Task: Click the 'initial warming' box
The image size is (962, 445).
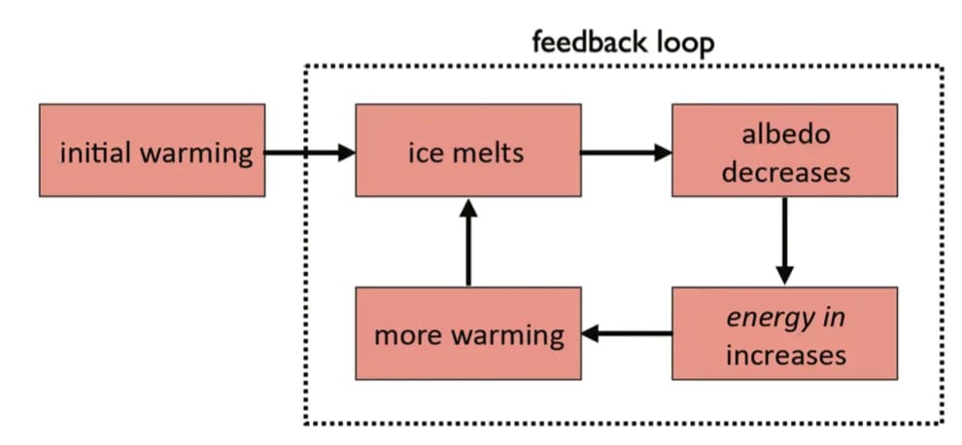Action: point(153,151)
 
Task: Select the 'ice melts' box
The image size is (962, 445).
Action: point(468,151)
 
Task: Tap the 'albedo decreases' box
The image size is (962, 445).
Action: point(785,151)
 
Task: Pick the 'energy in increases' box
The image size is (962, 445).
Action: point(785,333)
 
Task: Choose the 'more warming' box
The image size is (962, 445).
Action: point(468,333)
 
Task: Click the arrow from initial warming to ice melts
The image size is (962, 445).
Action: point(310,153)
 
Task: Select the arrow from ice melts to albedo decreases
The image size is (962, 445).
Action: point(627,153)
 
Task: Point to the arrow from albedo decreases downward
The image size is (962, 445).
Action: point(785,242)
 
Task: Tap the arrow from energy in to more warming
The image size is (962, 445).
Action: point(627,334)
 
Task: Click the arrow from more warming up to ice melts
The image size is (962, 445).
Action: point(468,242)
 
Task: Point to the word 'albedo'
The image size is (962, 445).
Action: point(785,134)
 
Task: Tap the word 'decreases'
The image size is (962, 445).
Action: point(786,173)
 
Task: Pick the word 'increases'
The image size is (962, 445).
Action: point(786,355)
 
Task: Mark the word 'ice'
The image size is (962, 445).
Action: point(423,153)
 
